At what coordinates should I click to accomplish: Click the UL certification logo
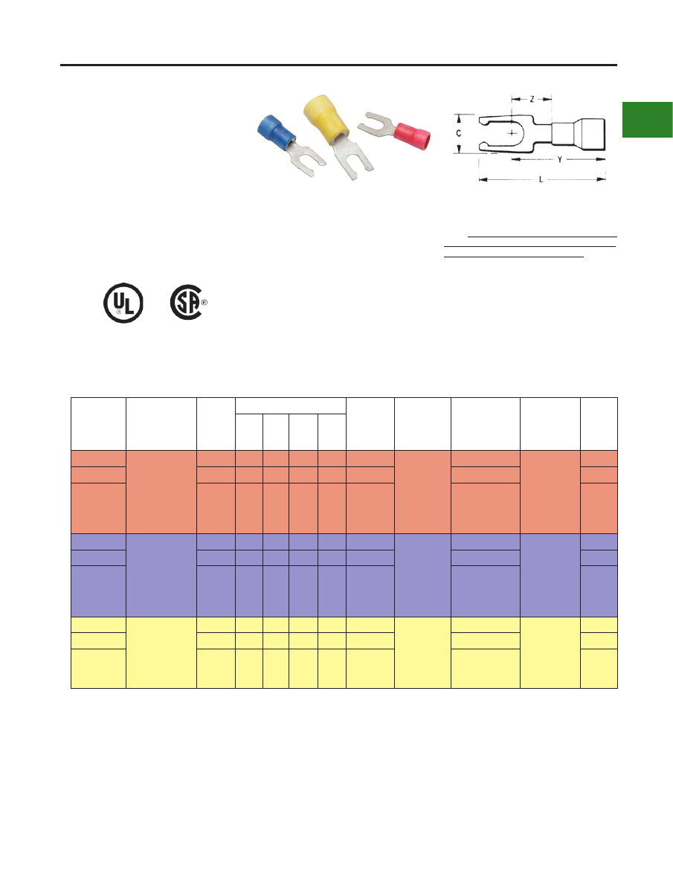[123, 303]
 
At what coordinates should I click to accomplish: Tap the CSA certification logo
[186, 303]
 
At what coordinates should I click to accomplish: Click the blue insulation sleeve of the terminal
[277, 132]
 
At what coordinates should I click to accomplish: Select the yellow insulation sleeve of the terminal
[327, 118]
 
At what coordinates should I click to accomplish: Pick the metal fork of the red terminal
[376, 125]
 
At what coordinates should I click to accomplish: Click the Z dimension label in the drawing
[532, 99]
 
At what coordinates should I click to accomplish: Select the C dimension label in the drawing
[459, 134]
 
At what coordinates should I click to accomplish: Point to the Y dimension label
[559, 160]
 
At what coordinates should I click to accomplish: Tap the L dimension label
[541, 179]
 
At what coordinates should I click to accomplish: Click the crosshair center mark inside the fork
[512, 132]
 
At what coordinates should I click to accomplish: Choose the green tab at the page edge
[648, 119]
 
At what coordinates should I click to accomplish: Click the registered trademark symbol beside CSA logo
[204, 303]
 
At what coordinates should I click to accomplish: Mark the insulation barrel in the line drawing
[579, 134]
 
